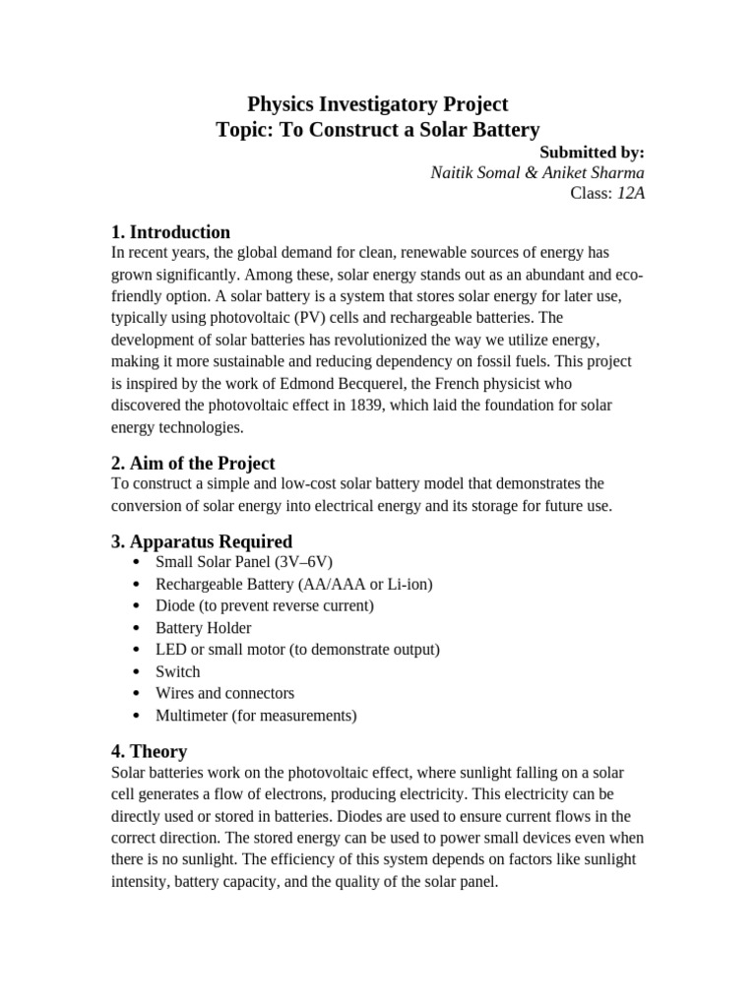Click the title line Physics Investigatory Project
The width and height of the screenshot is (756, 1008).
(377, 103)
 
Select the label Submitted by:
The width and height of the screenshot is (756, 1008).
(593, 152)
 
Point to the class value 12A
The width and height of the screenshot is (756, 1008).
(631, 193)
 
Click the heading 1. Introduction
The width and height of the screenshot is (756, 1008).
(170, 232)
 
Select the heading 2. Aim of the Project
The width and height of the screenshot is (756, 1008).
(193, 463)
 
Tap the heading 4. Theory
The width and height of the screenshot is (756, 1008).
(149, 752)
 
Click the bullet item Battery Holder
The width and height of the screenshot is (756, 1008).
(203, 628)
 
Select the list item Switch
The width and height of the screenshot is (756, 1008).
(177, 671)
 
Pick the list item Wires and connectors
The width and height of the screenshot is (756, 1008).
(224, 693)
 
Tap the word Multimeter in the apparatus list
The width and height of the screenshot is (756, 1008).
(191, 715)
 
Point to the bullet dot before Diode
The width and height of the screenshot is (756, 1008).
(135, 606)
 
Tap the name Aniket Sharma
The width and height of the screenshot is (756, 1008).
(596, 172)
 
